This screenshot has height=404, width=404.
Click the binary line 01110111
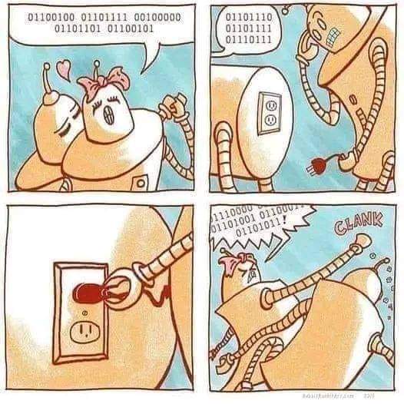pyautogui.click(x=248, y=38)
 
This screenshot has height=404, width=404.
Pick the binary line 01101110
pyautogui.click(x=248, y=15)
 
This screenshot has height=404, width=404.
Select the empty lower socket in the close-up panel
pyautogui.click(x=82, y=332)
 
